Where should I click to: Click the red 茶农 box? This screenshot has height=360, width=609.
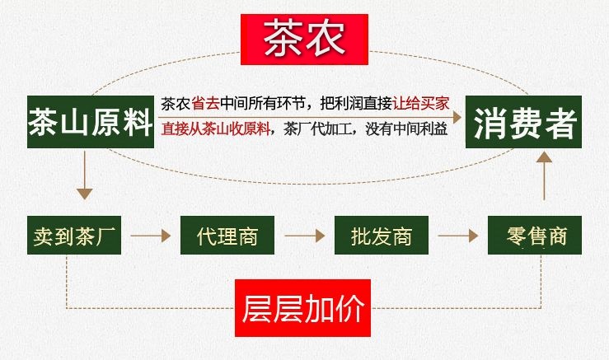304,40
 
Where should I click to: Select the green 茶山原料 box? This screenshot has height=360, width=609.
91,122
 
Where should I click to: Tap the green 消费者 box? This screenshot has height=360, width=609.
523,122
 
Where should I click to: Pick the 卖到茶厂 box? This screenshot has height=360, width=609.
74,236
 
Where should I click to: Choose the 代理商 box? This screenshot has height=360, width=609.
227,236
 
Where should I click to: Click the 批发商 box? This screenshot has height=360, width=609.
382,236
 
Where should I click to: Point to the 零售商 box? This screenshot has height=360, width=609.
535,236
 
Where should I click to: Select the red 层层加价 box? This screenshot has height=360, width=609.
303,308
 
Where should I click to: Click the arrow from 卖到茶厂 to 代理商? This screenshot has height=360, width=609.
151,236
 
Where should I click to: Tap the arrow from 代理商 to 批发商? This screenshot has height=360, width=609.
305,236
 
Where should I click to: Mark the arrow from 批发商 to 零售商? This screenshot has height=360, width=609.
458,236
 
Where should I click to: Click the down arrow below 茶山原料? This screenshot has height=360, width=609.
84,175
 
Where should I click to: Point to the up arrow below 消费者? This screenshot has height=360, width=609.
545,176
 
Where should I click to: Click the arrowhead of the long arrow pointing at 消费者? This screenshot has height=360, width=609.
457,117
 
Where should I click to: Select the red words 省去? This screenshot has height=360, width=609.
205,104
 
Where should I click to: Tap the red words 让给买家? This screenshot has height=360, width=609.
421,104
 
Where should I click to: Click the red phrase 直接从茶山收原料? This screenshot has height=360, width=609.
216,129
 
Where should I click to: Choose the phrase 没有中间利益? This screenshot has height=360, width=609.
406,129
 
